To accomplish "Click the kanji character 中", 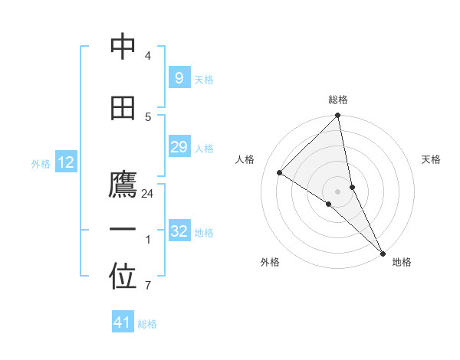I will (123, 47).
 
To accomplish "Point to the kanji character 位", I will (123, 278).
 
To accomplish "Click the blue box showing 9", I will (179, 77).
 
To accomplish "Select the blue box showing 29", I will (179, 147).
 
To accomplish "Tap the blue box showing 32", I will (179, 231).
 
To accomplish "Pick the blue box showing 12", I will (66, 162).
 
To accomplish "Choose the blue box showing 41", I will (123, 322).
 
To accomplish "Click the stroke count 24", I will (148, 194).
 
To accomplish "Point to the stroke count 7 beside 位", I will (148, 286).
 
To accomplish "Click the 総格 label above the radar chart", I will (338, 100).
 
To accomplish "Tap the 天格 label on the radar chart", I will (432, 159).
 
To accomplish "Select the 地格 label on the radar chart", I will (402, 262).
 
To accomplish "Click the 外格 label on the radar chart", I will (270, 262).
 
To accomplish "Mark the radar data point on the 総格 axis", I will (338, 116).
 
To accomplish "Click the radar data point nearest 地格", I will (383, 252).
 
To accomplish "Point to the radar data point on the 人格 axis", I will (280, 172).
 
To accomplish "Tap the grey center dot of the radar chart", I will (338, 191).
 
